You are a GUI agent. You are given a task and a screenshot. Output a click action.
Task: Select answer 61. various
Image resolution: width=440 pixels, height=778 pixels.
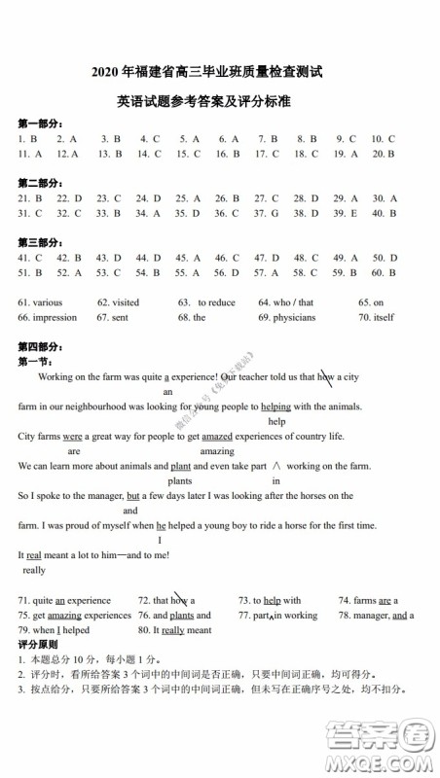[40, 302]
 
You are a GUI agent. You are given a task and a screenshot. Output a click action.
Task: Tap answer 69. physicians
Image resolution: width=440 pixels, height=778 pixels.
[286, 317]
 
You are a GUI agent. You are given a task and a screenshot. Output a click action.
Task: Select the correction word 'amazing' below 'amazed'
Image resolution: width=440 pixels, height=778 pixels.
[217, 451]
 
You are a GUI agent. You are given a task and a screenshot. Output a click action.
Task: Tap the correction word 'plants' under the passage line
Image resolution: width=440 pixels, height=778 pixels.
[179, 480]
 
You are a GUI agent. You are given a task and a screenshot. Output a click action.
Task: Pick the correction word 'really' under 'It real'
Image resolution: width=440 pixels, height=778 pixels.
[33, 570]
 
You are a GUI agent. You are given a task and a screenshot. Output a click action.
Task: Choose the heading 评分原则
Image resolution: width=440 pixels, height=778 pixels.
[38, 645]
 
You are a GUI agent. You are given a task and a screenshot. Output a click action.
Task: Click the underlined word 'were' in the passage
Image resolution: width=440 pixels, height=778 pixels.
[72, 437]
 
